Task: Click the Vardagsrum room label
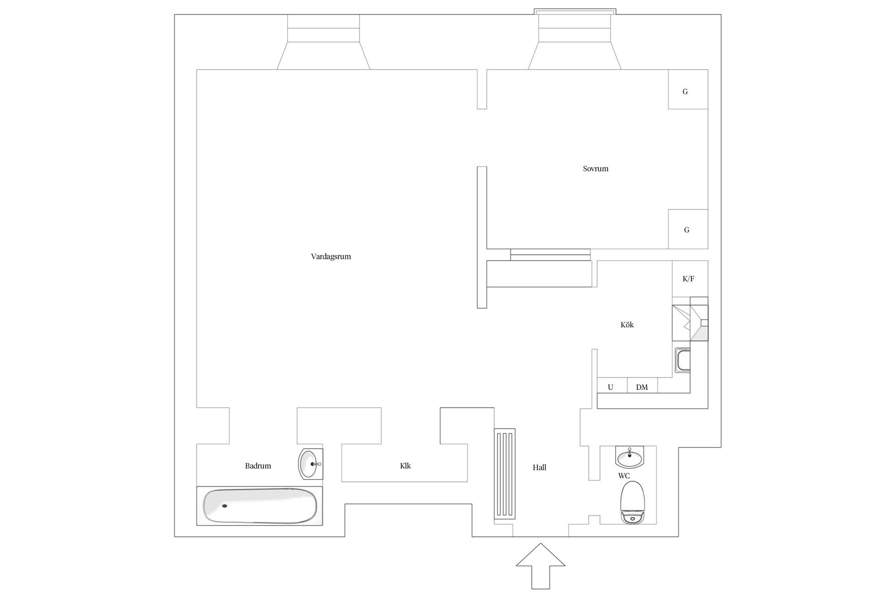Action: coord(331,257)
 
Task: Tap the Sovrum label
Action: coord(596,169)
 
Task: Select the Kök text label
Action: coord(627,325)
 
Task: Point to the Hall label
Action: coord(539,467)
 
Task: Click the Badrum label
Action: coord(258,466)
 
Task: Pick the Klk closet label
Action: coord(405,466)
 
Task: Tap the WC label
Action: coord(624,476)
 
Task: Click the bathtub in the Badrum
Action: coord(260,506)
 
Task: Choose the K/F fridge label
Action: coord(688,279)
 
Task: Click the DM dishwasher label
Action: coord(642,387)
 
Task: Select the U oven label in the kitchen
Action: coord(610,387)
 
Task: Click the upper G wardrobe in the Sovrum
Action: coord(688,89)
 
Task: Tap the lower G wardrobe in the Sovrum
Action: coord(688,229)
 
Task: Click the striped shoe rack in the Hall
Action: coord(505,474)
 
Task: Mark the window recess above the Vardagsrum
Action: coord(324,42)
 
